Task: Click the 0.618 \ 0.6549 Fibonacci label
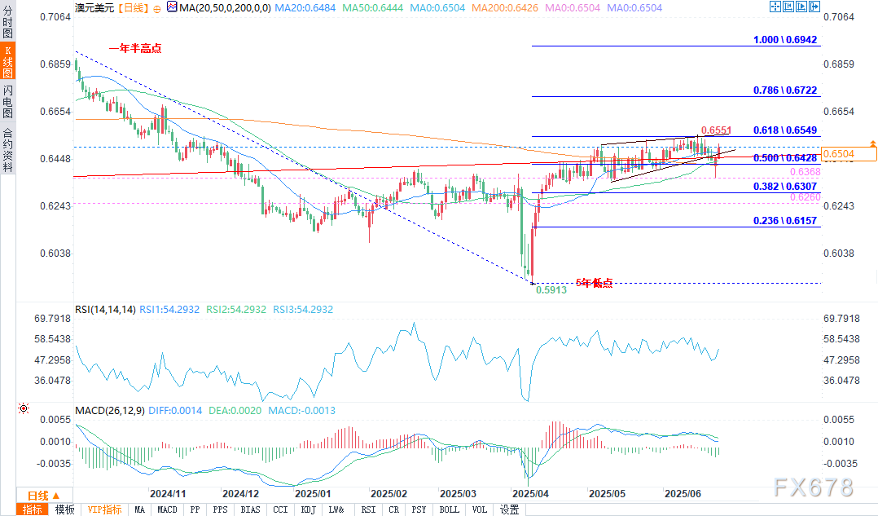[785, 130]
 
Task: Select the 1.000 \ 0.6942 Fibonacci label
[785, 40]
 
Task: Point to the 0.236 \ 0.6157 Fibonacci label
[785, 221]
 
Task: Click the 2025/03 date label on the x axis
[458, 493]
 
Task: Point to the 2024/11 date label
[169, 493]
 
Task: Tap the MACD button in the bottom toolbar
[167, 509]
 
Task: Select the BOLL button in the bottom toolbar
[449, 509]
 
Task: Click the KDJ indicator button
[308, 509]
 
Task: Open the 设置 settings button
[510, 509]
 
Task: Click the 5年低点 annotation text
[595, 283]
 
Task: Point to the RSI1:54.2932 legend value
[170, 310]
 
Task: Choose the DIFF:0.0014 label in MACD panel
[179, 411]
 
